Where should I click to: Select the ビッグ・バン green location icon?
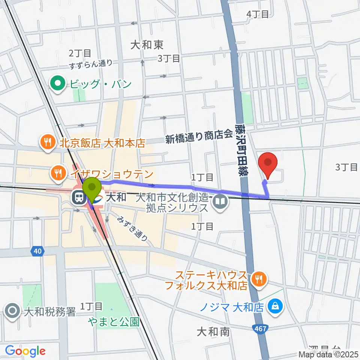point(59,83)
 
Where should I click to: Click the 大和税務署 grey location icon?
point(12,311)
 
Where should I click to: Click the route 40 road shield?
point(37,252)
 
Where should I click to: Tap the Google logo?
point(25,351)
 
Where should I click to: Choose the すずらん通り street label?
point(91,64)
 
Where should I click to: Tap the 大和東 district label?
point(147,45)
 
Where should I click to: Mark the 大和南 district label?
point(213,331)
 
